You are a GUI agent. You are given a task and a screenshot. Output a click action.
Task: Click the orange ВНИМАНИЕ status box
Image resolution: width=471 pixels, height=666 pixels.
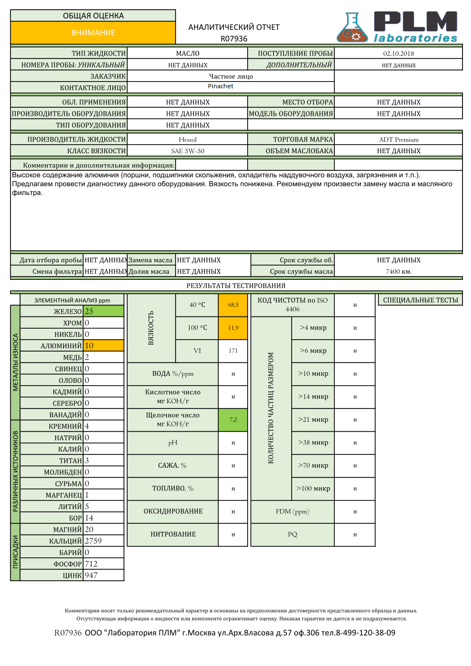pyautogui.click(x=93, y=33)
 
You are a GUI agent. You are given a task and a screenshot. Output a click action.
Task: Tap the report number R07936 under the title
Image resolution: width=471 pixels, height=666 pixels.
pyautogui.click(x=234, y=39)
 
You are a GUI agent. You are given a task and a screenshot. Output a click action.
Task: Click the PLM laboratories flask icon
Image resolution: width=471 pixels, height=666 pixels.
pyautogui.click(x=352, y=28)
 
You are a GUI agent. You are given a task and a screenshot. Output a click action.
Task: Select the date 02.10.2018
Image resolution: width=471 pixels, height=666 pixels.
pyautogui.click(x=398, y=54)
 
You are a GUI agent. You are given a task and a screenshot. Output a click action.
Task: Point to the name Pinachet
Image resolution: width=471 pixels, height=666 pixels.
pyautogui.click(x=221, y=86)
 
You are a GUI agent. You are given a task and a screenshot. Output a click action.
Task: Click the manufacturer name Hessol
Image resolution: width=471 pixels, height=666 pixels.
pyautogui.click(x=187, y=139)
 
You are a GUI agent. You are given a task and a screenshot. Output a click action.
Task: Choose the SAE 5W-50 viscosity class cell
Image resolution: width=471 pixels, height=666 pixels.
pyautogui.click(x=187, y=151)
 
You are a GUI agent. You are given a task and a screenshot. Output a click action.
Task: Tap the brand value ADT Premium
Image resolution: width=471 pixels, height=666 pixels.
pyautogui.click(x=398, y=139)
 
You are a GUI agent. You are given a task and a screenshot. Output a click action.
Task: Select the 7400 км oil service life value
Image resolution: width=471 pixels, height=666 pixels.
pyautogui.click(x=398, y=271)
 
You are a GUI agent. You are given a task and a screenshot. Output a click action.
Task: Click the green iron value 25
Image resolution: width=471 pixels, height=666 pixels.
pyautogui.click(x=103, y=311)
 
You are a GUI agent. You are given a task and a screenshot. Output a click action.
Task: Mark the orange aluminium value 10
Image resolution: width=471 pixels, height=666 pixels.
pyautogui.click(x=103, y=346)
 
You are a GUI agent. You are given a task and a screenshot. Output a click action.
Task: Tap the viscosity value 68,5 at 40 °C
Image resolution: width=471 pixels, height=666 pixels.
pyautogui.click(x=233, y=305)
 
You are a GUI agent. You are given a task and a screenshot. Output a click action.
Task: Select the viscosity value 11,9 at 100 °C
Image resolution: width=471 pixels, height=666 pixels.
pyautogui.click(x=233, y=328)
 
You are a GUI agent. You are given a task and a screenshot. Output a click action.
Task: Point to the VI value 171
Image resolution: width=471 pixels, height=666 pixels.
pyautogui.click(x=233, y=351)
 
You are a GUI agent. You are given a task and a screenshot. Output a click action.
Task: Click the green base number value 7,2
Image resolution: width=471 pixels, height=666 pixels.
pyautogui.click(x=233, y=420)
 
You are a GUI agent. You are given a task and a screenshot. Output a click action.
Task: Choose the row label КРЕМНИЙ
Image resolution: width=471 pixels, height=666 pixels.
pyautogui.click(x=65, y=426)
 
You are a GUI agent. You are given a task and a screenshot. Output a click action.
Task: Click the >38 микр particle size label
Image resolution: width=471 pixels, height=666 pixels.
pyautogui.click(x=313, y=443)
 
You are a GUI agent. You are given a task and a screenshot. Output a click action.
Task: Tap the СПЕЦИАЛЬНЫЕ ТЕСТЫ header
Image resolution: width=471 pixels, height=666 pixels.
pyautogui.click(x=420, y=300)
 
